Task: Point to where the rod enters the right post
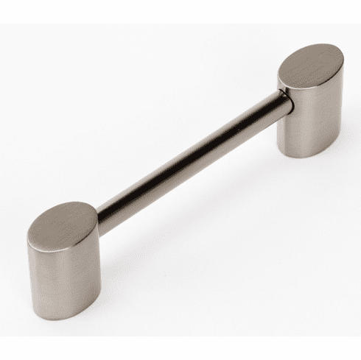284,99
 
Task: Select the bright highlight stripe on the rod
184,156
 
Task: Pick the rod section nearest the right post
265,110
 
